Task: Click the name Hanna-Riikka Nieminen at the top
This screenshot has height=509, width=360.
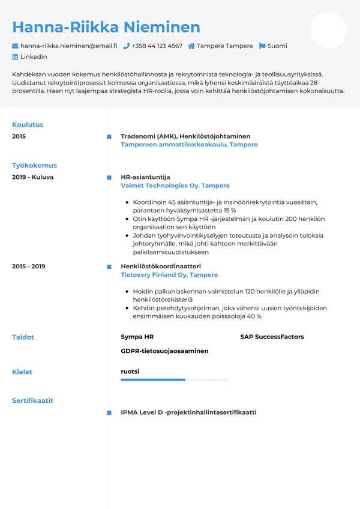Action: [x=106, y=27]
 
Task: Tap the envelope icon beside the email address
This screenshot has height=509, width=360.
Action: [x=16, y=46]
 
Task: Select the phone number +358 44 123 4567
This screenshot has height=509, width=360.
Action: [x=157, y=46]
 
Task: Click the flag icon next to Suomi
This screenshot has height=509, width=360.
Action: [x=262, y=46]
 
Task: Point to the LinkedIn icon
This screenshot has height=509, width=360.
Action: [x=16, y=57]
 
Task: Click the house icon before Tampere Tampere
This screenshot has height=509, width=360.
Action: [x=191, y=46]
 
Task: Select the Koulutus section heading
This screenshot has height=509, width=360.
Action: [x=28, y=125]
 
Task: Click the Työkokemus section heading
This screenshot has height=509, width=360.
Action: [x=34, y=166]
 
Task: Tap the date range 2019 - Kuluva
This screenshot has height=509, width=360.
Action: [x=33, y=177]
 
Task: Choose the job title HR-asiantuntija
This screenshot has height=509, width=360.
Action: [x=145, y=177]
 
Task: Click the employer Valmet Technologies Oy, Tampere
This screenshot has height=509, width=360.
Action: [x=175, y=186]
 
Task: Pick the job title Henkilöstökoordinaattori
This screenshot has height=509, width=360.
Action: [x=160, y=266]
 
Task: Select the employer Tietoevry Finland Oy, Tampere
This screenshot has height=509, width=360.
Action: [x=169, y=275]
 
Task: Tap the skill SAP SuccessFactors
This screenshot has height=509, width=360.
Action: [x=272, y=337]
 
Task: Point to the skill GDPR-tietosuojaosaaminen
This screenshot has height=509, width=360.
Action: [x=164, y=351]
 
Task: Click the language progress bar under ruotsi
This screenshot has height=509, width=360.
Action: [x=174, y=380]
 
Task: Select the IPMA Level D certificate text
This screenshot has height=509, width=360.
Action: [x=188, y=412]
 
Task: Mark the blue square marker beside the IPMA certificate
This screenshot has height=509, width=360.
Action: [x=109, y=413]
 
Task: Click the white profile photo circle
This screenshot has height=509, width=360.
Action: [x=328, y=30]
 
